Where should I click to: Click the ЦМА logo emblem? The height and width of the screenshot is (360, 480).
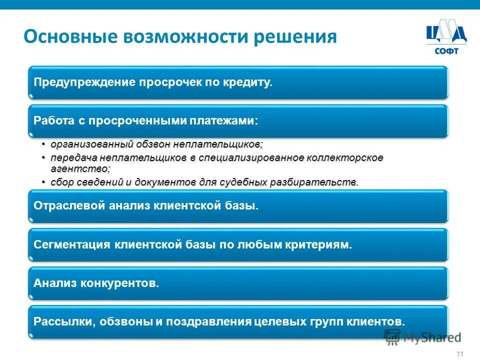[x=446, y=34]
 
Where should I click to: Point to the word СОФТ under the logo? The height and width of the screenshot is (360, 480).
[x=446, y=50]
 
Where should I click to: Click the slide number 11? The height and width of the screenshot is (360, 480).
[x=460, y=354]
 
